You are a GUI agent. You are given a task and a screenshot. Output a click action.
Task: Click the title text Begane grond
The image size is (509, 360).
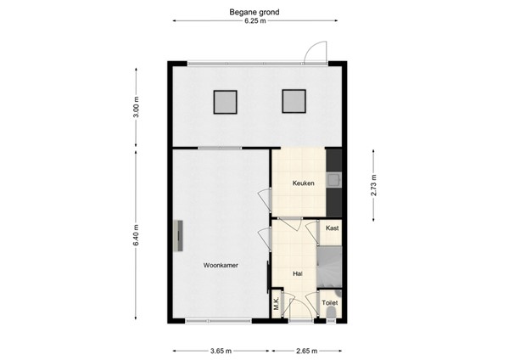pyautogui.click(x=255, y=13)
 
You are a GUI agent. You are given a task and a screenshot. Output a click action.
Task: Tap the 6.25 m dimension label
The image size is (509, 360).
pyautogui.click(x=255, y=22)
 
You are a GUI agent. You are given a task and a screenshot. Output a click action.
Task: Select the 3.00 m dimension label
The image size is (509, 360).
pyautogui.click(x=137, y=110)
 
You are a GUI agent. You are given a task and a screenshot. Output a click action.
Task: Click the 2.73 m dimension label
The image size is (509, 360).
pyautogui.click(x=374, y=183)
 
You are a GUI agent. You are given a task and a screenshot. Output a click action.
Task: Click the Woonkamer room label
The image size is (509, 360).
pyautogui.click(x=221, y=265)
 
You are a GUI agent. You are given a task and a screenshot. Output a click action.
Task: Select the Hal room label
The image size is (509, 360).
pyautogui.click(x=297, y=273)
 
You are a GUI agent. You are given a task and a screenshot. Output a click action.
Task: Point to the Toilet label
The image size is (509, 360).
pyautogui.click(x=329, y=301)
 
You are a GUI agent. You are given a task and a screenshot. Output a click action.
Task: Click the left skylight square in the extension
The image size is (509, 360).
pyautogui.click(x=225, y=102)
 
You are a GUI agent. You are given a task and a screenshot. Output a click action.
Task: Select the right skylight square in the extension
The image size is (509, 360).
pyautogui.click(x=294, y=102)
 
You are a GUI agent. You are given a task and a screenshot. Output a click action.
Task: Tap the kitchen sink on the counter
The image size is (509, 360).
pyautogui.click(x=336, y=179)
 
